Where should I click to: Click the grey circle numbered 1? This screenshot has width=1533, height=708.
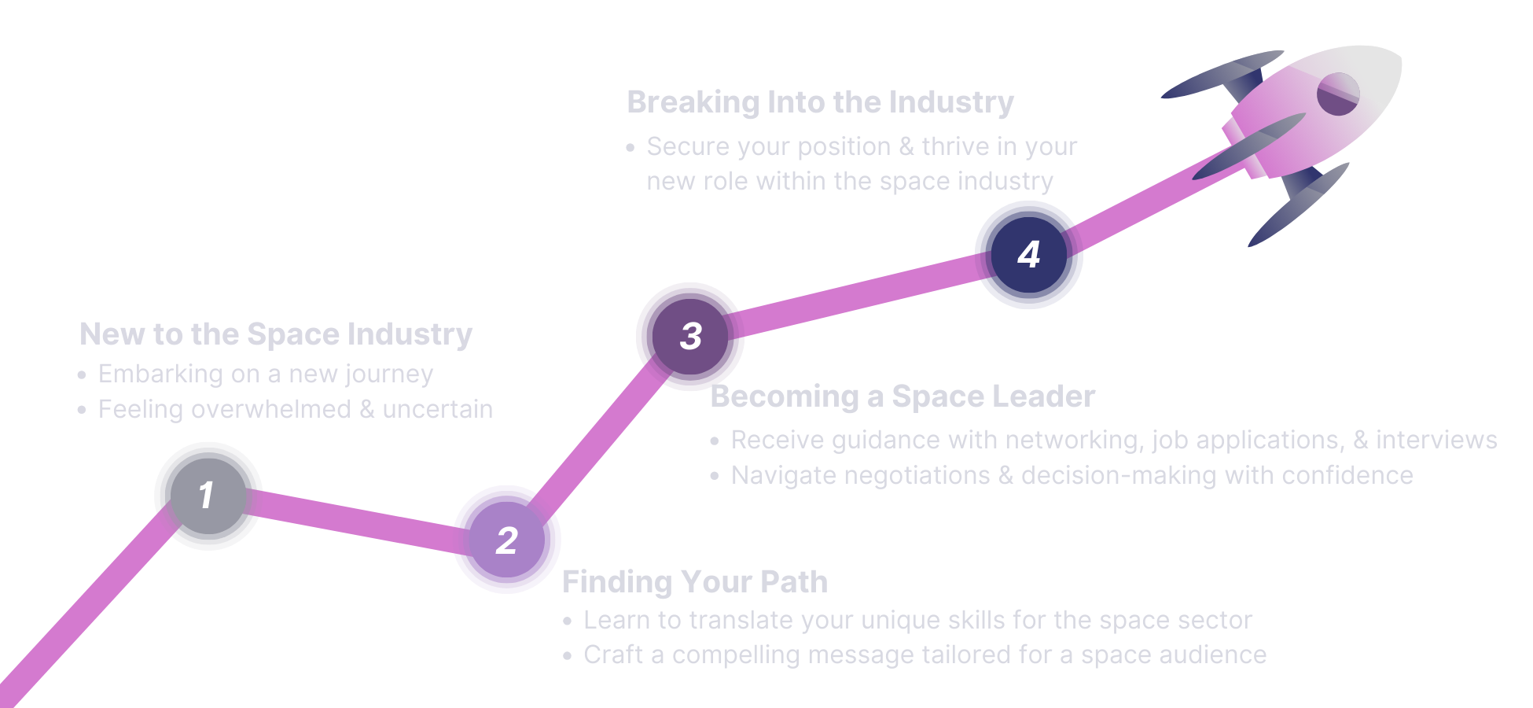(208, 496)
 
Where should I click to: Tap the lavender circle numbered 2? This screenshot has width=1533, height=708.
(507, 540)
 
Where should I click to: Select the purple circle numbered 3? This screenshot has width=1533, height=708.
(689, 336)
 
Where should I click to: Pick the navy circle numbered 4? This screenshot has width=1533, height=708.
(1028, 254)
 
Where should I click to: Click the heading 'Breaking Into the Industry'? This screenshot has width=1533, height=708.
(820, 102)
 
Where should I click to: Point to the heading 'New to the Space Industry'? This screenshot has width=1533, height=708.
(276, 334)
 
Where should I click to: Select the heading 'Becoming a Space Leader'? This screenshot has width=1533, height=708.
(902, 396)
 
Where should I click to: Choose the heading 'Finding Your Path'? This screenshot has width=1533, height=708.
(695, 582)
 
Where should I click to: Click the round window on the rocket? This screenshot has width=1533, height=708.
(1337, 94)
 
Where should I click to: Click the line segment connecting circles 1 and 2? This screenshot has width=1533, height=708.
(358, 518)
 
